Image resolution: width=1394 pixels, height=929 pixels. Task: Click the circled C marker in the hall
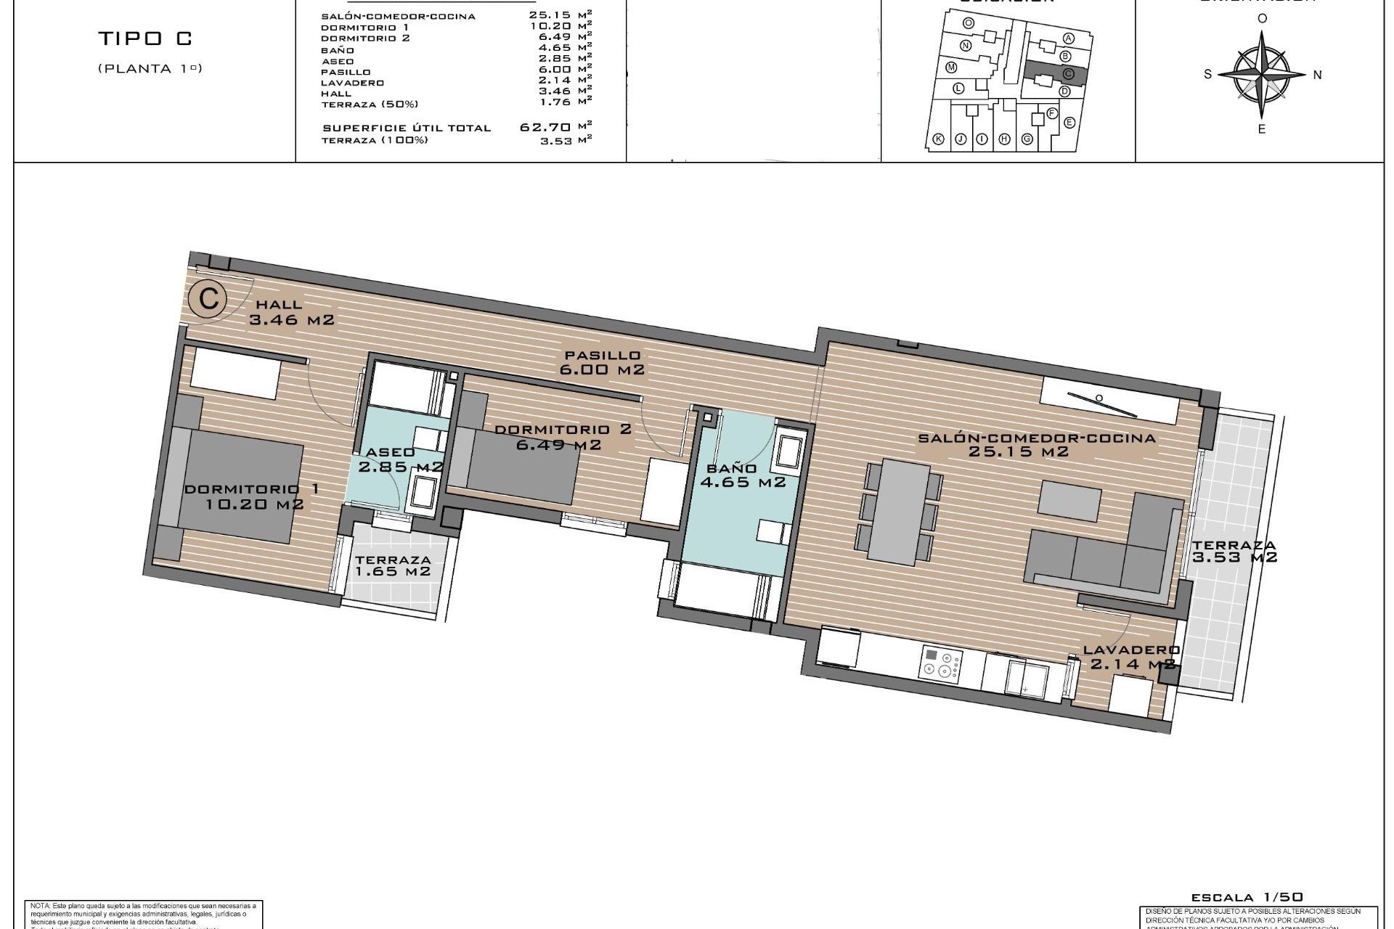tap(208, 299)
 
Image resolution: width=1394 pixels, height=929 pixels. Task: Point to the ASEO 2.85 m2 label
tap(396, 459)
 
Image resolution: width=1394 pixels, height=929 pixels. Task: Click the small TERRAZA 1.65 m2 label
tap(393, 565)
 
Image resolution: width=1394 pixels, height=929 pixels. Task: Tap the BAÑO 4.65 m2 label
tap(741, 475)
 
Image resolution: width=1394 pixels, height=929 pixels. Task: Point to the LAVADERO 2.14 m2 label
tap(1131, 657)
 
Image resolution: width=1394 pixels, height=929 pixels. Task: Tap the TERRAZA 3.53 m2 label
tap(1234, 552)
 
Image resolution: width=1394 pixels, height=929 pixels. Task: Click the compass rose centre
tap(1262, 73)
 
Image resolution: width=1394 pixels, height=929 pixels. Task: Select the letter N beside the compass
tap(1318, 74)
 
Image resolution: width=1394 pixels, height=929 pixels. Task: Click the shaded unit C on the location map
tap(1051, 75)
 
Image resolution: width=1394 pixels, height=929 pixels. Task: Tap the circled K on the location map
tap(938, 139)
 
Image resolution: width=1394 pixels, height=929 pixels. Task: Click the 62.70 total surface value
tap(545, 127)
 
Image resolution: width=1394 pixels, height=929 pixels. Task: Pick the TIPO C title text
tap(145, 39)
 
